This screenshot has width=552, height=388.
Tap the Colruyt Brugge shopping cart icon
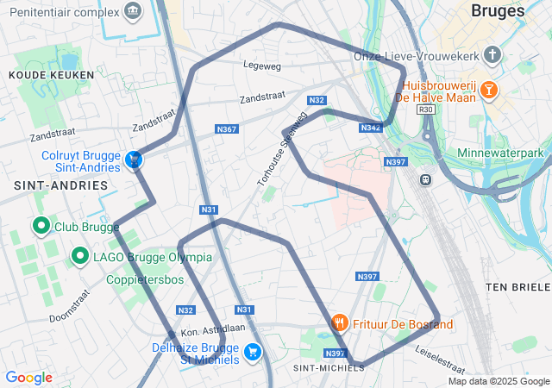click(x=134, y=160)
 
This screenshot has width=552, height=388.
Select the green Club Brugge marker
click(x=41, y=227)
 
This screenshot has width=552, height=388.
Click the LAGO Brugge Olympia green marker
click(x=80, y=256)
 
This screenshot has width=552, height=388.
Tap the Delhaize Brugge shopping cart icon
click(x=253, y=351)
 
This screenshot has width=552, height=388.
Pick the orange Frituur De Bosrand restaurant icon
click(x=340, y=323)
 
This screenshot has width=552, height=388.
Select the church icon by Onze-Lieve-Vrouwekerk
click(x=492, y=55)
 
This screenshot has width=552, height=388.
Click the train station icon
click(x=424, y=179)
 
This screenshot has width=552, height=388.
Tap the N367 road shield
click(x=226, y=128)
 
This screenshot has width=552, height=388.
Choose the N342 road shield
click(x=371, y=128)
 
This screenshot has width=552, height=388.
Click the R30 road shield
click(x=425, y=110)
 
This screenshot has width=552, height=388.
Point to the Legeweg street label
click(x=263, y=66)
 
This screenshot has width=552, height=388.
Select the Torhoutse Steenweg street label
click(x=282, y=148)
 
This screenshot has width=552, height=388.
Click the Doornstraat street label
click(x=70, y=304)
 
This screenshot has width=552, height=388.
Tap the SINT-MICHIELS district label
click(x=323, y=368)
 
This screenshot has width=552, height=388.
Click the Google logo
click(x=28, y=377)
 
